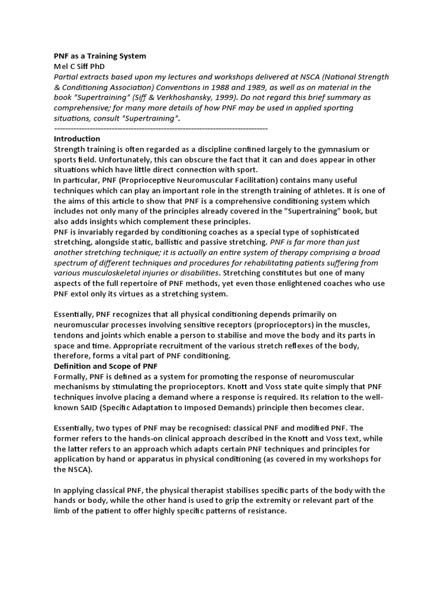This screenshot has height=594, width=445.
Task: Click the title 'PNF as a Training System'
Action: [100, 56]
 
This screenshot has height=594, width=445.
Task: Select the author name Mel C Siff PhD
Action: [79, 67]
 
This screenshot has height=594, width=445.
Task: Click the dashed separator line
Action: [161, 128]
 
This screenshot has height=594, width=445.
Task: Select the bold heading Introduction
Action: [77, 139]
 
